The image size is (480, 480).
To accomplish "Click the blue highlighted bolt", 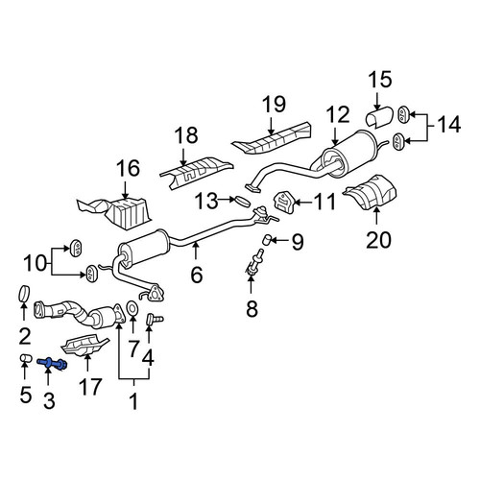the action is coord(52,364).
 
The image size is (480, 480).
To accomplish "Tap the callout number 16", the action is coord(128,168).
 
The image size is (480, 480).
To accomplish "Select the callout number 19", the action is coord(274,104).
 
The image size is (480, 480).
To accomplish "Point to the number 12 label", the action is coord(338,115).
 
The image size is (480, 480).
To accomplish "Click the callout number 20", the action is coord(378,240).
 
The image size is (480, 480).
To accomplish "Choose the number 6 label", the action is coord(197,275).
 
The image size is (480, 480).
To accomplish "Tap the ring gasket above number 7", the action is coord(132,308).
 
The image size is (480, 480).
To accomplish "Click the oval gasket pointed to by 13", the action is coord(242,202).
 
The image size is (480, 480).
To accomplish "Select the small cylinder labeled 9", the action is coord(267,239).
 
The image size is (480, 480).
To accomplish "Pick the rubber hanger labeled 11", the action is coord(282,203).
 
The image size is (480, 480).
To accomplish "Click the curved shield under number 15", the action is coord(379,118).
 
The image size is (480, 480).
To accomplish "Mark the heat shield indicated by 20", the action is coord(371,192).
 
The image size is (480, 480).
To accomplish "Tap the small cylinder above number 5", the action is coord(26,358).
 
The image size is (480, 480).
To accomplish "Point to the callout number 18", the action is coord(187,135).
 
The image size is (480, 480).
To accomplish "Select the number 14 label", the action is coord(449,125).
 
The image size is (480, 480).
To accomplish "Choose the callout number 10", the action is coord(36,263).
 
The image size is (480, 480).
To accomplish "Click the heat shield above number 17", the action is coord(84,345).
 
